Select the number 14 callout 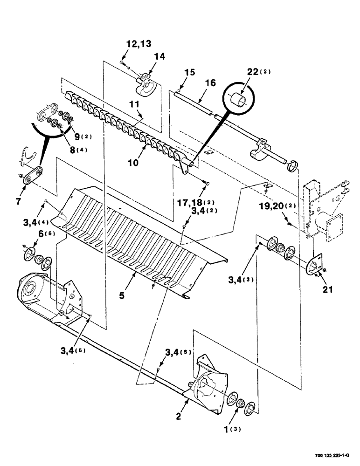pos(159,56)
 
